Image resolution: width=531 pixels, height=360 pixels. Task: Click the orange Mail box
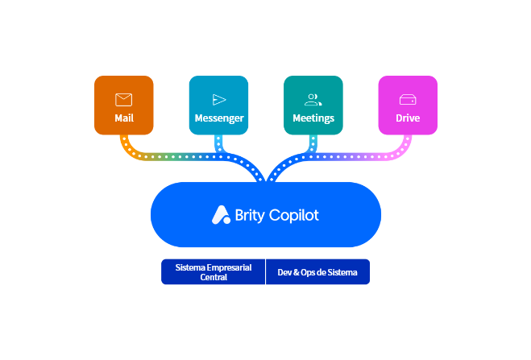pyautogui.click(x=123, y=106)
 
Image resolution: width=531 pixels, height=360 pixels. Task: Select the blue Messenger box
pyautogui.click(x=218, y=106)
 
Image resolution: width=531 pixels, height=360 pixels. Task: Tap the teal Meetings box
pyautogui.click(x=313, y=106)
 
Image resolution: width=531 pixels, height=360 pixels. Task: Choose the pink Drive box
pyautogui.click(x=408, y=106)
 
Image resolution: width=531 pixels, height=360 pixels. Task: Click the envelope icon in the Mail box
pyautogui.click(x=123, y=100)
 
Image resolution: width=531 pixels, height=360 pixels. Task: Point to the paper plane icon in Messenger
pyautogui.click(x=219, y=100)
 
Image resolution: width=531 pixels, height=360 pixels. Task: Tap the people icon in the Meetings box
pyautogui.click(x=313, y=100)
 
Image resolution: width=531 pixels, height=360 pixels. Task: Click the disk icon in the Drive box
pyautogui.click(x=408, y=100)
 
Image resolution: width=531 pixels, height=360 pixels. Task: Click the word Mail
pyautogui.click(x=123, y=118)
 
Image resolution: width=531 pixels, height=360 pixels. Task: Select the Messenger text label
pyautogui.click(x=219, y=118)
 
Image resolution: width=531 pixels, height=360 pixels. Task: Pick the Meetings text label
pyautogui.click(x=313, y=118)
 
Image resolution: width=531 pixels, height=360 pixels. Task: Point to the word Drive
pyautogui.click(x=408, y=118)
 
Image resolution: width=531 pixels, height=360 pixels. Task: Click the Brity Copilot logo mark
pyautogui.click(x=221, y=215)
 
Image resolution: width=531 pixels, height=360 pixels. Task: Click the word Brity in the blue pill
pyautogui.click(x=250, y=215)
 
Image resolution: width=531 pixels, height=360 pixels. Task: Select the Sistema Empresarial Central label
pyautogui.click(x=214, y=272)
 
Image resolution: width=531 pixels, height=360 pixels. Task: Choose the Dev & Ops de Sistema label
pyautogui.click(x=317, y=272)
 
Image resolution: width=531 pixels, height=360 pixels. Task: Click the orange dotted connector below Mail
pyautogui.click(x=127, y=146)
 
